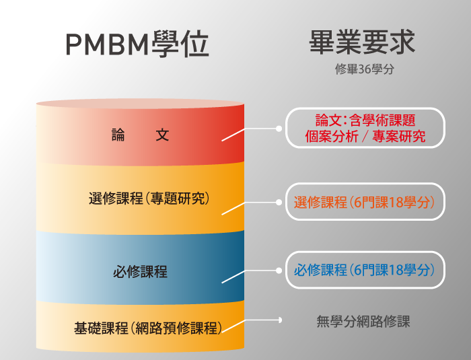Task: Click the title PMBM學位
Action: [137, 44]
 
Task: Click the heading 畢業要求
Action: [362, 42]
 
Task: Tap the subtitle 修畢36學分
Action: [365, 69]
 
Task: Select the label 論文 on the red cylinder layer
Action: [140, 135]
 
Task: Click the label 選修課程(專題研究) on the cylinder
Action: [149, 199]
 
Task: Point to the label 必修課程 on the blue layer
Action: [140, 272]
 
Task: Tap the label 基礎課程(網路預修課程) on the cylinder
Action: [148, 328]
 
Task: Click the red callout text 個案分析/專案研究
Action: [365, 137]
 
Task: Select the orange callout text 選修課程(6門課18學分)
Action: [365, 203]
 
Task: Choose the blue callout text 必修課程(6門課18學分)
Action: [365, 270]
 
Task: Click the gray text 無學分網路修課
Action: [363, 322]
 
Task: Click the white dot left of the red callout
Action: [279, 129]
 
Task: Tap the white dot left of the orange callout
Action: [279, 203]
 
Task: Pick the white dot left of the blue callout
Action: [279, 271]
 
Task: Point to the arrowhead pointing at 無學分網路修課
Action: [280, 320]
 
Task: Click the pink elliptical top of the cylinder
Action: [140, 104]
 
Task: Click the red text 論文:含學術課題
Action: [365, 120]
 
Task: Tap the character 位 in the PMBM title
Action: [196, 44]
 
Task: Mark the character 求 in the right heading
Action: [402, 42]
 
